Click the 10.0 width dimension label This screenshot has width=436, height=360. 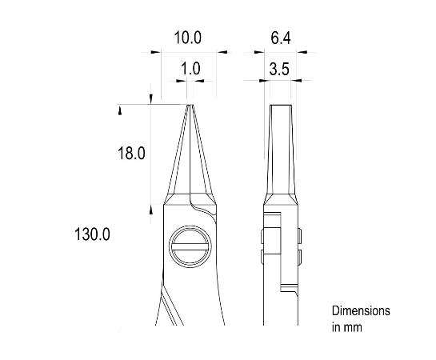[x=188, y=38]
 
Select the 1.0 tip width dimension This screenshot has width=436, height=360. [x=190, y=69]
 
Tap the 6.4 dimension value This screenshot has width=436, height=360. [x=279, y=38]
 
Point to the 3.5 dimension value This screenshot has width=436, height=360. [x=279, y=69]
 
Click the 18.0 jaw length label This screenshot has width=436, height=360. [x=131, y=154]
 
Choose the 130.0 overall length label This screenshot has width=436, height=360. [x=90, y=234]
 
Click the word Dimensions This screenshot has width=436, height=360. [x=360, y=310]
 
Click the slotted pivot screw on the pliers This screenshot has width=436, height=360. [x=190, y=249]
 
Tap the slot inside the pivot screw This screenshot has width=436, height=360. [x=190, y=249]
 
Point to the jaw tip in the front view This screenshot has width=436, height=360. [x=190, y=106]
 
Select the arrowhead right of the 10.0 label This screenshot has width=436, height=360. [x=222, y=53]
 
